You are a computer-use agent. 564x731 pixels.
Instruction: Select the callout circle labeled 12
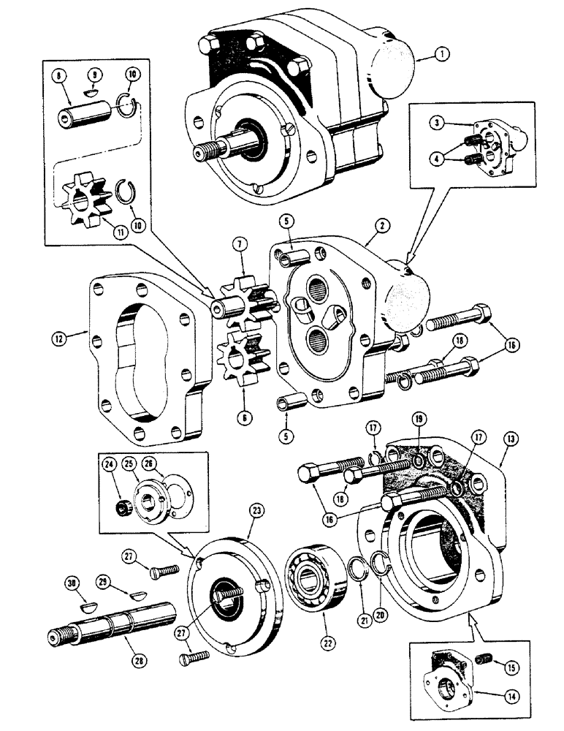point(57,338)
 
